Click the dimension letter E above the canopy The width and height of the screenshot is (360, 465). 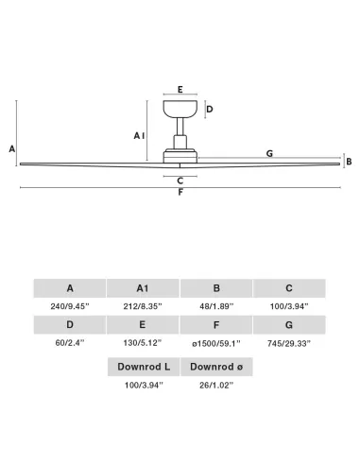(x=180, y=90)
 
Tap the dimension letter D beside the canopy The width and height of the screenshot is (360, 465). (x=210, y=110)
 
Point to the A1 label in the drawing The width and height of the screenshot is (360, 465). (x=139, y=136)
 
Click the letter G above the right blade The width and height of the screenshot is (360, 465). (x=269, y=154)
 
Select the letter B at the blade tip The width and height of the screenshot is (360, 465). (x=349, y=162)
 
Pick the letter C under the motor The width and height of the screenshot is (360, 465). (x=180, y=181)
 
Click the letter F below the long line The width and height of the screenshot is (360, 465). (x=180, y=192)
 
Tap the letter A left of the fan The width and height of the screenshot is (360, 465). (x=12, y=148)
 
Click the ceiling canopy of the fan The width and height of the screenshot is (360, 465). (x=180, y=109)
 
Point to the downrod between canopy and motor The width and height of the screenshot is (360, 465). (x=180, y=127)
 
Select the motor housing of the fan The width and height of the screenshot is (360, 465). (x=180, y=155)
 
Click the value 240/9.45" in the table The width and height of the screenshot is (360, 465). (x=70, y=306)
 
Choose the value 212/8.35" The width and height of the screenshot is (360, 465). (x=143, y=306)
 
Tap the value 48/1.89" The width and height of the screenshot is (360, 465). (x=216, y=306)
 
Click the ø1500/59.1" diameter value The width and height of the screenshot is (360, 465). (x=216, y=343)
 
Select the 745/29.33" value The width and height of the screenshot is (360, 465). (x=289, y=343)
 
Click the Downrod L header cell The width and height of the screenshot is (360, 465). (x=144, y=367)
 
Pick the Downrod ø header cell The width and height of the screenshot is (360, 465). (x=216, y=367)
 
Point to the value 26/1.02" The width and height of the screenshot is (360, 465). (x=216, y=385)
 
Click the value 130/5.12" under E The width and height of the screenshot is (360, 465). (x=143, y=343)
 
